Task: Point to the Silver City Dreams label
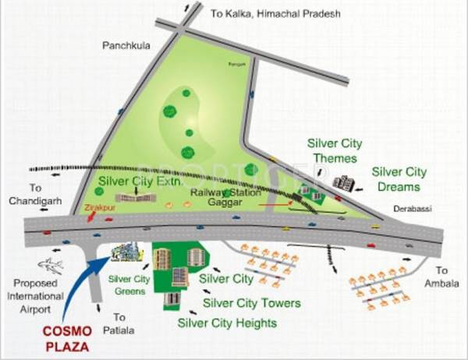pos(399,179)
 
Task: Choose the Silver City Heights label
pos(227,322)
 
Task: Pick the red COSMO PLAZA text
pos(67,337)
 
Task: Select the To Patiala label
pos(119,323)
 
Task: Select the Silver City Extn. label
pos(140,182)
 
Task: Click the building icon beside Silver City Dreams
pos(343,184)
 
